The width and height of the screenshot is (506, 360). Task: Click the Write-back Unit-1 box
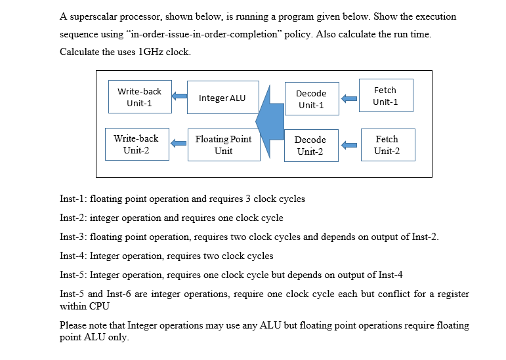click(x=139, y=98)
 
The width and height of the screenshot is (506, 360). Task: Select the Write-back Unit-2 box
click(x=136, y=144)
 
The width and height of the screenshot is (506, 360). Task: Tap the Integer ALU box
click(x=222, y=98)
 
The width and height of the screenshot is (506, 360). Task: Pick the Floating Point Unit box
click(x=223, y=145)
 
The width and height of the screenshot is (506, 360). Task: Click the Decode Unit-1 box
click(x=311, y=99)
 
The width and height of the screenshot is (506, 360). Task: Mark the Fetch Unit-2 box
click(x=387, y=145)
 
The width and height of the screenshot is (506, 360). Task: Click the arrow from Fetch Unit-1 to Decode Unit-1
click(x=349, y=99)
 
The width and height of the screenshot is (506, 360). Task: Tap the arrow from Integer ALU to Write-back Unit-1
click(x=179, y=97)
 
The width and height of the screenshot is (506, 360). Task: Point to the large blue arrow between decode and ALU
click(x=269, y=121)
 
